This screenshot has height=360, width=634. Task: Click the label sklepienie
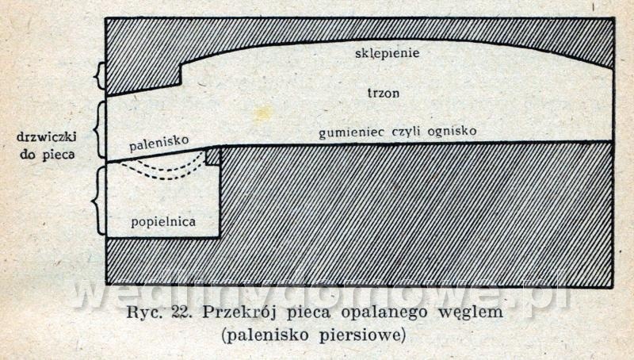pos(387,54)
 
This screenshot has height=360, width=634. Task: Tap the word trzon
pos(384,93)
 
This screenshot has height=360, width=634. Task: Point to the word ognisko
pos(451,130)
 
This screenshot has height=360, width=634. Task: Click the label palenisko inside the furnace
pos(158,142)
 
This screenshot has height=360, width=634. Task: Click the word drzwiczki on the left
pos(44,137)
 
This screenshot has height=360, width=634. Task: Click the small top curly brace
pos(99,76)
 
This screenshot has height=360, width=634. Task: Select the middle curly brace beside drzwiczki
pos(99,130)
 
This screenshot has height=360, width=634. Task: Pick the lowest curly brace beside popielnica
pos(99,200)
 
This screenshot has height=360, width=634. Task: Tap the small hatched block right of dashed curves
pos(212,156)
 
